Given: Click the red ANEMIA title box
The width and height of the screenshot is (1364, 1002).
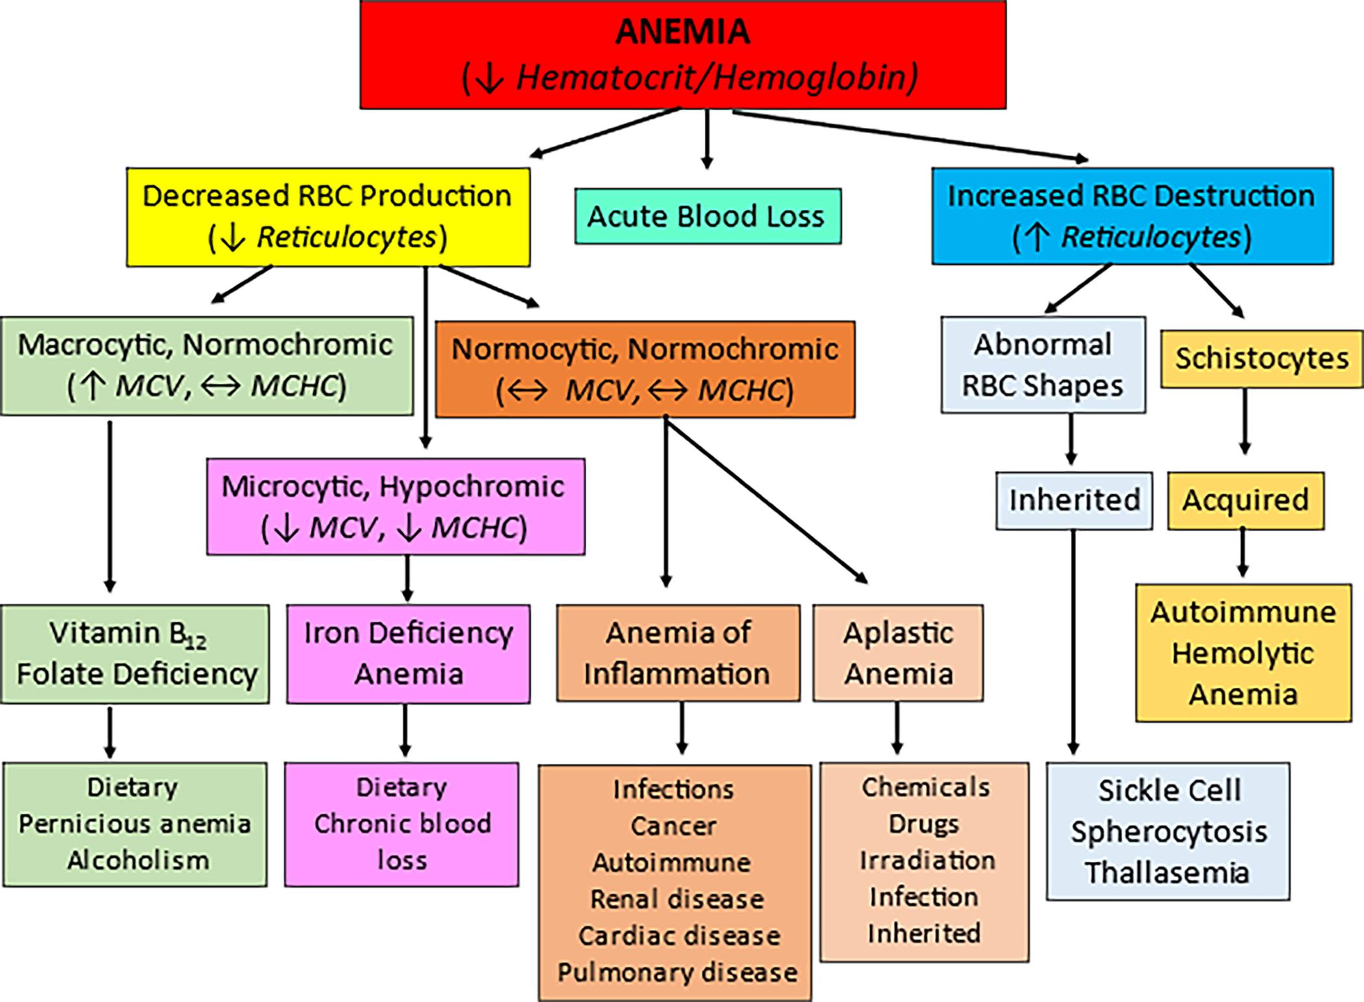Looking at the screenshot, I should (682, 55).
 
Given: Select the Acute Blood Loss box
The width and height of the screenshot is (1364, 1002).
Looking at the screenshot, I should (707, 216).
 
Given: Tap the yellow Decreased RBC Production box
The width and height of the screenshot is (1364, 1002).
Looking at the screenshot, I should (328, 217).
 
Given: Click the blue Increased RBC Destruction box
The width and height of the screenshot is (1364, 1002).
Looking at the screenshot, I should (1131, 216).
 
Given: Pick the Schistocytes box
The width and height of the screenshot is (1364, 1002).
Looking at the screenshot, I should (1261, 359).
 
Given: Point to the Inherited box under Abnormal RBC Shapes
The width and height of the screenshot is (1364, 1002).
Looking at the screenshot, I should (1074, 500).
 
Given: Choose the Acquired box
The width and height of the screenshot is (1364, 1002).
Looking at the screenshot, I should (1245, 500).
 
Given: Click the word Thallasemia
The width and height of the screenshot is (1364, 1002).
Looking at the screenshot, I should (1167, 872).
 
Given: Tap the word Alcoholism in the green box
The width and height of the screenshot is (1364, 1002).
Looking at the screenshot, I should (138, 860).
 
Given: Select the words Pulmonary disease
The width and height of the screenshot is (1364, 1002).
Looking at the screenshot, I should (677, 972).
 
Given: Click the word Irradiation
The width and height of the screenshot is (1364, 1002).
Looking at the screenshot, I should (927, 860).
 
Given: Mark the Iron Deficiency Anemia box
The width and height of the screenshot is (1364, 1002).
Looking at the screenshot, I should (408, 653).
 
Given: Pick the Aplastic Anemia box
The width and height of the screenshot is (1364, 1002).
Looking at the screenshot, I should (897, 653).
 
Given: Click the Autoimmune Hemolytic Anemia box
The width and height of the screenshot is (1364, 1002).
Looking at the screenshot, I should (1242, 653).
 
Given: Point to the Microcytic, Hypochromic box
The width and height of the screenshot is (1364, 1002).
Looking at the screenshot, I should (395, 507).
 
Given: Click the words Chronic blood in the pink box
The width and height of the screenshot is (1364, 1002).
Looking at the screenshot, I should (402, 824).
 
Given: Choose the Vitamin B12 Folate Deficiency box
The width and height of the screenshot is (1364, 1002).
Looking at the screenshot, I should (135, 654).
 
